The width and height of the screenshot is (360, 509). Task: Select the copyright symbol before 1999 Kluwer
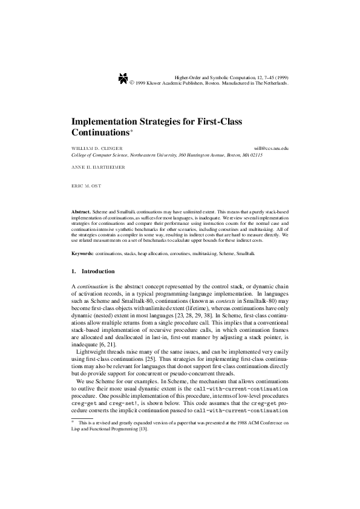click(x=133, y=83)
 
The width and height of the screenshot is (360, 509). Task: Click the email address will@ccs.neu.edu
click(x=272, y=148)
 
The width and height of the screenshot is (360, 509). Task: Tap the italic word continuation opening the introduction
click(x=93, y=285)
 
